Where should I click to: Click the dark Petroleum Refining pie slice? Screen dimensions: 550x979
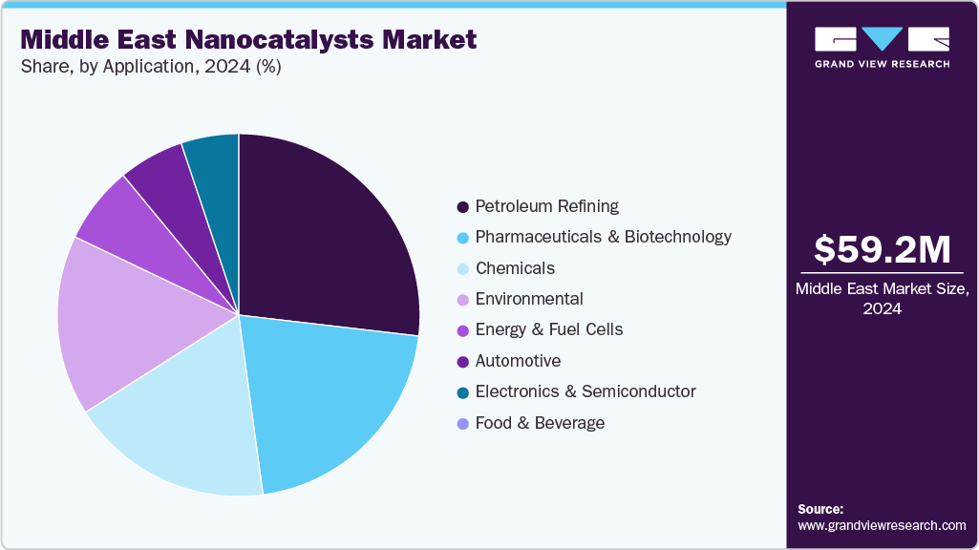[325, 239]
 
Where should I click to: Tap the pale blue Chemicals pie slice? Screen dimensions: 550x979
[181, 430]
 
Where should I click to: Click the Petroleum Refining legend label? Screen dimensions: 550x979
[546, 206]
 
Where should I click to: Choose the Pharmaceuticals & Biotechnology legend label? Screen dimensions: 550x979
[603, 237]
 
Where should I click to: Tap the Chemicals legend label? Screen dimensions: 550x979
[515, 268]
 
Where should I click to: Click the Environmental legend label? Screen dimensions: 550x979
[528, 299]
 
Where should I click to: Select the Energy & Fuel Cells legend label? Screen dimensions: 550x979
[548, 329]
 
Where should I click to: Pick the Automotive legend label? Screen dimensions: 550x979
[518, 361]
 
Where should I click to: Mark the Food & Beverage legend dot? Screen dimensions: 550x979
[463, 423]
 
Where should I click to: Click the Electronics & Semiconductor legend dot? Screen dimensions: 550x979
[463, 392]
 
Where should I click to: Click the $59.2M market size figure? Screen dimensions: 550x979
[882, 250]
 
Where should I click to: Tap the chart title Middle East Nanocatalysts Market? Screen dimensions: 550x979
[248, 40]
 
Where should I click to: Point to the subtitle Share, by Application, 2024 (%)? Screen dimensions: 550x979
[150, 68]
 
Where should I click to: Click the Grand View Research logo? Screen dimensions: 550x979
[882, 46]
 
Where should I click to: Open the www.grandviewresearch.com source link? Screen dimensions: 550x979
[882, 525]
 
